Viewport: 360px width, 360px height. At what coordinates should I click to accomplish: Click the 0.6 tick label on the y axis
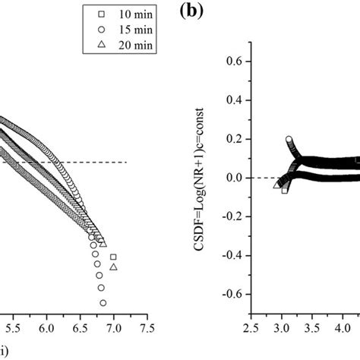[x=235, y=59]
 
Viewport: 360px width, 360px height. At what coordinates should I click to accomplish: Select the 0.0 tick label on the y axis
[x=235, y=177]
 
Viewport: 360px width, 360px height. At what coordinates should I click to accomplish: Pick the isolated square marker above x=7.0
[x=113, y=257]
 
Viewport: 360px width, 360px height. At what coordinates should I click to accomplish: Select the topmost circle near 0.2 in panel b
[x=289, y=140]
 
